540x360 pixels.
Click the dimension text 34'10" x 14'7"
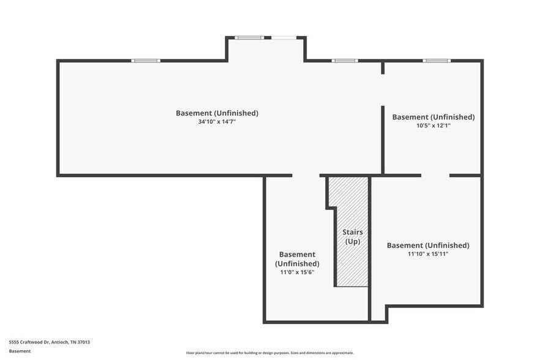[x=217, y=122]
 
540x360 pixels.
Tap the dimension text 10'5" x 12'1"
[x=433, y=126]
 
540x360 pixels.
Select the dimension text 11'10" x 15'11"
[x=428, y=254]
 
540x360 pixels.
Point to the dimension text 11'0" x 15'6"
[x=297, y=272]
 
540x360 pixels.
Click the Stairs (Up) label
[x=352, y=237]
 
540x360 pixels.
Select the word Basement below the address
[x=20, y=351]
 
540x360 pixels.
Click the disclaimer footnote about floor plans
[x=269, y=353]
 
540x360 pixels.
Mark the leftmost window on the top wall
[x=146, y=61]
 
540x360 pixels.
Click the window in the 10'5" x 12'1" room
[x=437, y=61]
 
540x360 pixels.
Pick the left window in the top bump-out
[x=249, y=38]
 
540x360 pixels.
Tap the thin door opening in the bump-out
[x=284, y=38]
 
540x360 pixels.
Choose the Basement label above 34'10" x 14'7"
[x=217, y=113]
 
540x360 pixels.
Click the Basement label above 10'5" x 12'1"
[x=433, y=117]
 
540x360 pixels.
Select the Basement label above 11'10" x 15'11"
[x=428, y=246]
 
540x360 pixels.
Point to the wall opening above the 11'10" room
[x=435, y=176]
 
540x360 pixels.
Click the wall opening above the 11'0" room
[x=306, y=176]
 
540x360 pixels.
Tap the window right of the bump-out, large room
[x=345, y=61]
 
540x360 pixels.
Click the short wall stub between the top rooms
[x=383, y=67]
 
